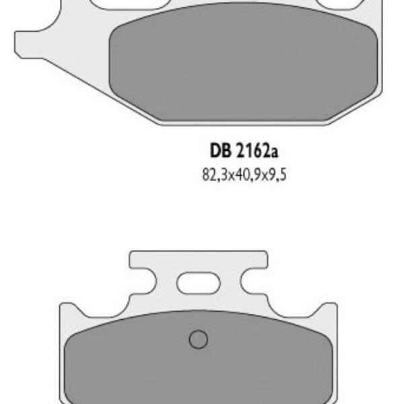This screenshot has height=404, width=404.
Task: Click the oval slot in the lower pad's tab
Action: click(x=198, y=281)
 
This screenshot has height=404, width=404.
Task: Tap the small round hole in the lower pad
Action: click(x=197, y=339)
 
